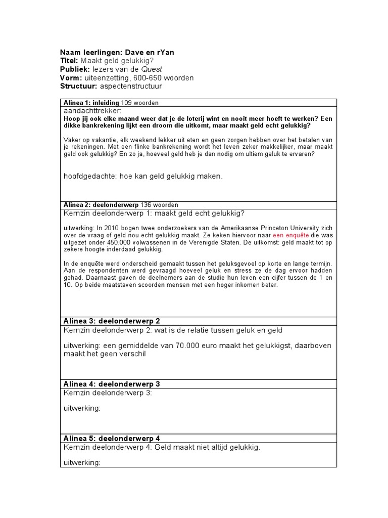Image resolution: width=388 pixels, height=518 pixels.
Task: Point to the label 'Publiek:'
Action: point(75,69)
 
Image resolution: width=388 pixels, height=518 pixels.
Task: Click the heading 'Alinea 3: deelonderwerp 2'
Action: point(112,321)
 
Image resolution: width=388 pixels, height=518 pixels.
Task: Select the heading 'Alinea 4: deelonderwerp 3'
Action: point(112,384)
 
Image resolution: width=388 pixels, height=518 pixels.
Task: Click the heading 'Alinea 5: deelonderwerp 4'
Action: point(112,438)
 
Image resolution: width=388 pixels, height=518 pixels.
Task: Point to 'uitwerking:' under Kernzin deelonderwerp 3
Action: point(82,409)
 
